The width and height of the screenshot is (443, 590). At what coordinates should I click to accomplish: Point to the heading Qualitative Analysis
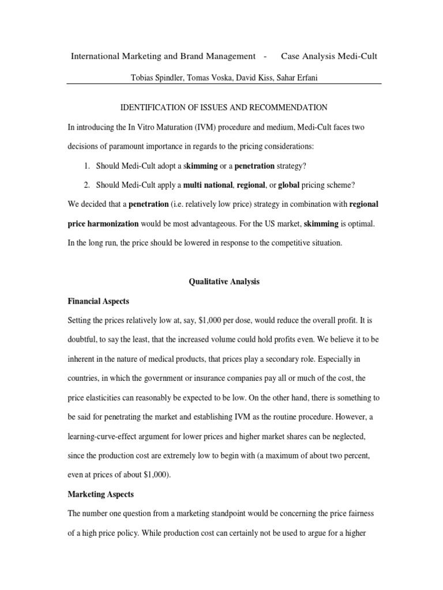coord(224,282)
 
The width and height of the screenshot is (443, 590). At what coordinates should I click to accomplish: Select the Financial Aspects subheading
coord(98,301)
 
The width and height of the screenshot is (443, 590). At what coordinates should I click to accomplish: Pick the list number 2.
coord(87,185)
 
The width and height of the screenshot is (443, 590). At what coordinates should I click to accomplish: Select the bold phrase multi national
coord(208,185)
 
